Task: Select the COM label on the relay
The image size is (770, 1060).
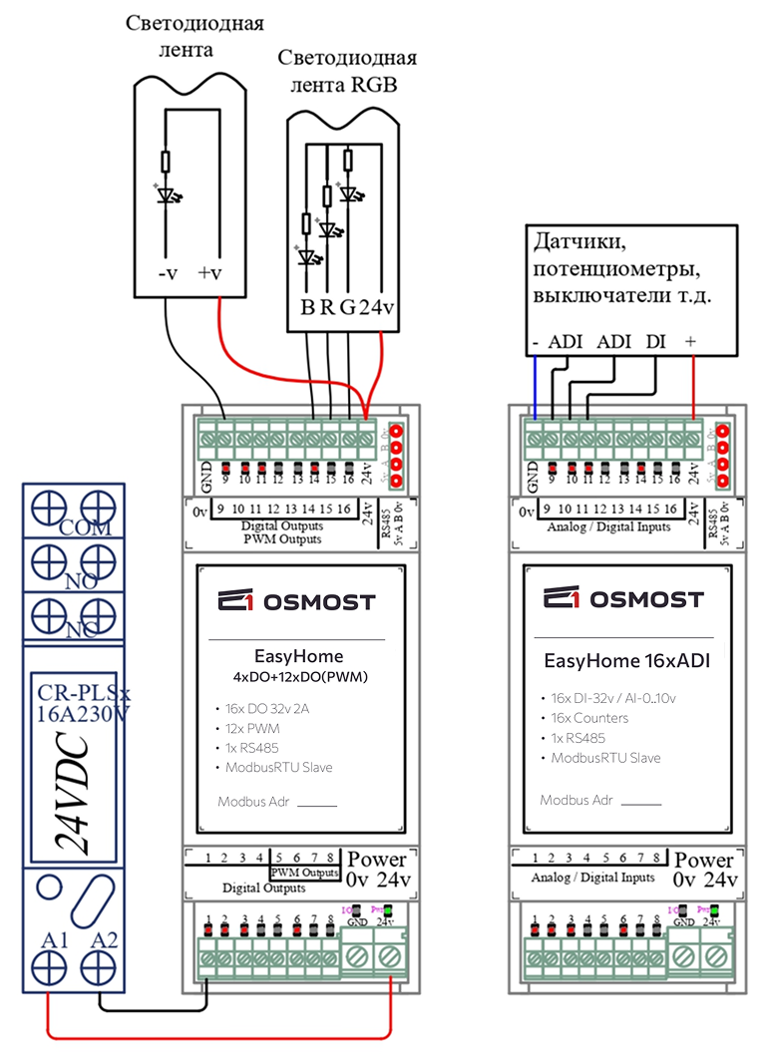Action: tap(85, 528)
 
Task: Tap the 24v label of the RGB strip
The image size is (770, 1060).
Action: tap(376, 306)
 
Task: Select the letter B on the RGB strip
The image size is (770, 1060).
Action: tap(307, 306)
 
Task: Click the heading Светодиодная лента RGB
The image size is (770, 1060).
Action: tap(346, 72)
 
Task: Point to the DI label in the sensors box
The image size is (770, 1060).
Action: tap(655, 341)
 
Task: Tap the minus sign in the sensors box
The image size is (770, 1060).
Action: tap(536, 341)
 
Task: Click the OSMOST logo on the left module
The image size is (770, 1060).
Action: tap(296, 601)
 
